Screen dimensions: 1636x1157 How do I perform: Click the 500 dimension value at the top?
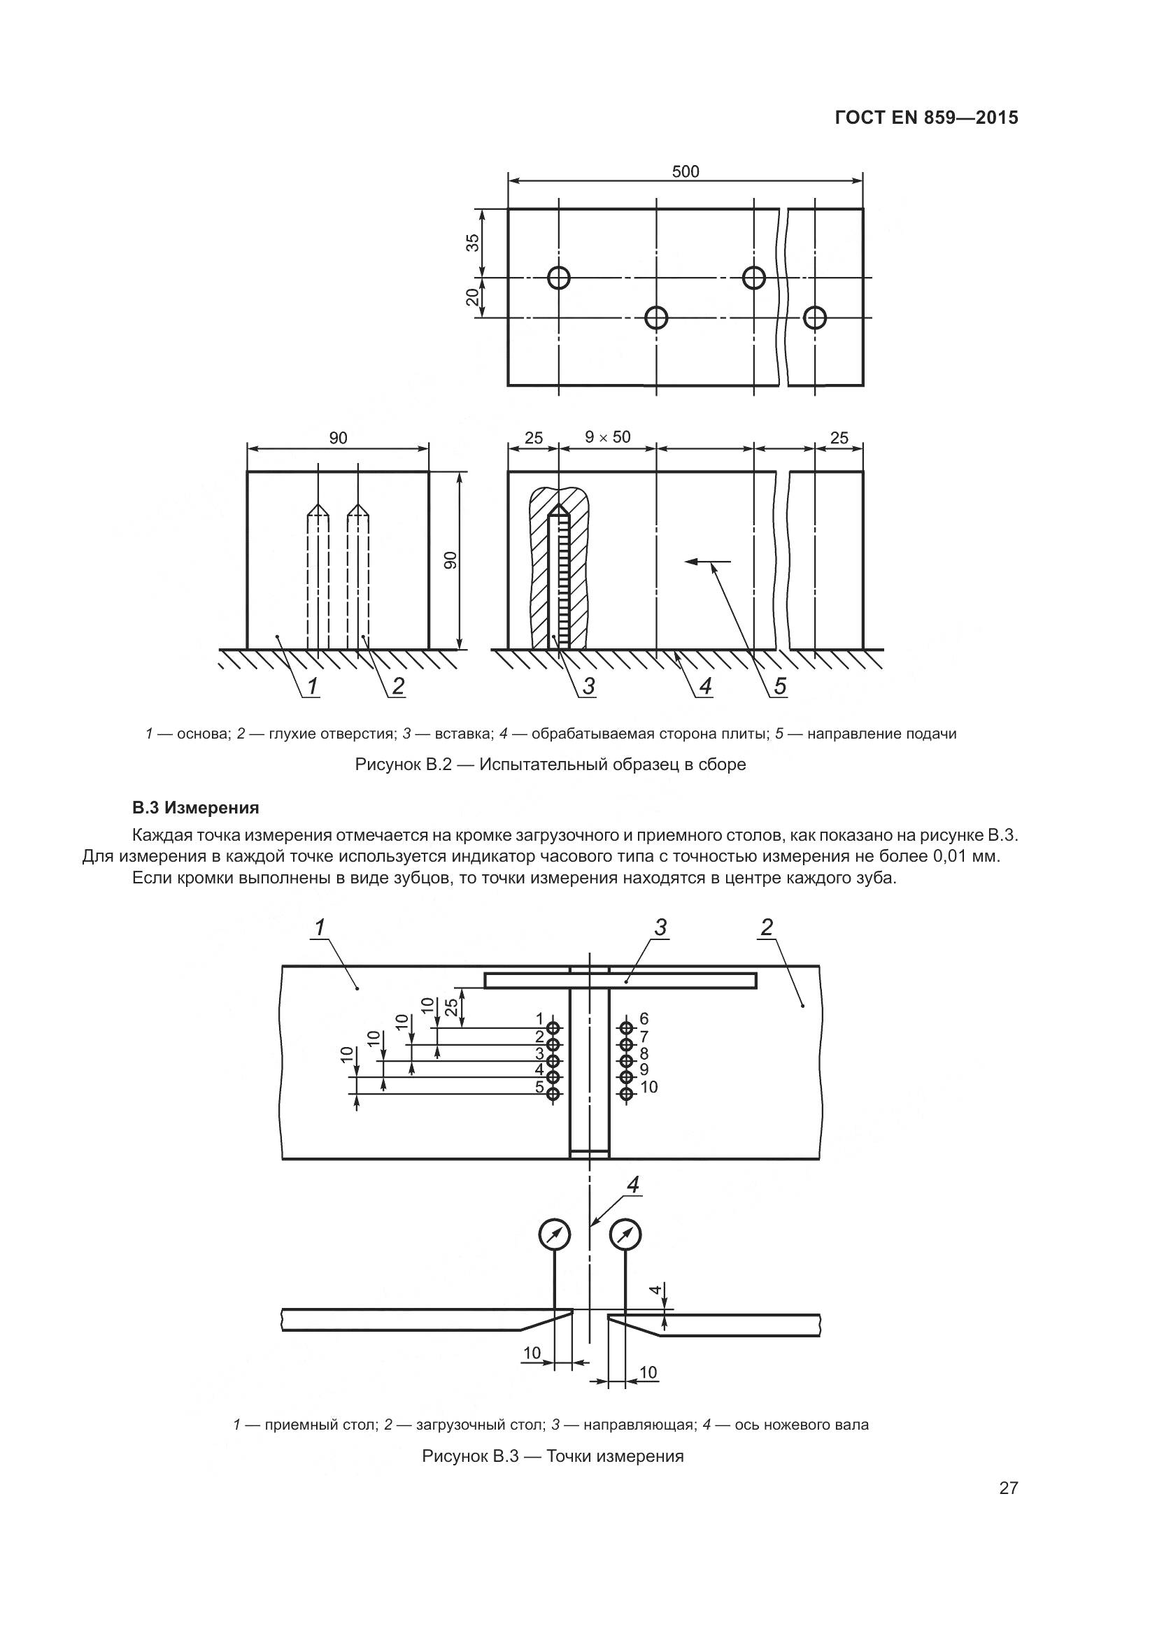[686, 172]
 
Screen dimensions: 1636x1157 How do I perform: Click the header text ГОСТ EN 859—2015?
[926, 118]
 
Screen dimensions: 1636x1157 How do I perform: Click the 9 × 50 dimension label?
[608, 436]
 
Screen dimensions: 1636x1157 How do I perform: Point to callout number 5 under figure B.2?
[780, 686]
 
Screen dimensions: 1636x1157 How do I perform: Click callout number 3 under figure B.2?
[588, 686]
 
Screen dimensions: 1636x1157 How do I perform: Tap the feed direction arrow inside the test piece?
[707, 562]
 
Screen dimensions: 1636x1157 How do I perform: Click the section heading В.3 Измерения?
[195, 808]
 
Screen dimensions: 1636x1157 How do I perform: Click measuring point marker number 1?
[554, 1027]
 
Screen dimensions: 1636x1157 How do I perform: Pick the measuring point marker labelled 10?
[626, 1095]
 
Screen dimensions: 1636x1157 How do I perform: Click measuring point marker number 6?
[626, 1027]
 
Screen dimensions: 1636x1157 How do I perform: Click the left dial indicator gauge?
[554, 1235]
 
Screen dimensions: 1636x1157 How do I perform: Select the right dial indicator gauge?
[625, 1235]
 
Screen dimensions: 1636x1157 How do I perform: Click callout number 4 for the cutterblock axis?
[632, 1184]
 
